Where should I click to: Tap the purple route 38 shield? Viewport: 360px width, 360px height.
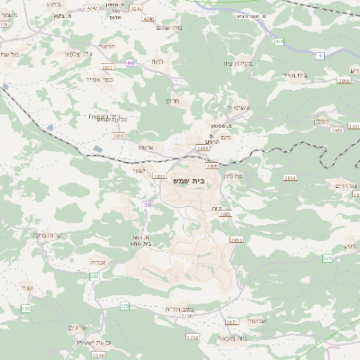coord(147,205)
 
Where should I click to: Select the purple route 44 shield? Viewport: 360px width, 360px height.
coord(130,62)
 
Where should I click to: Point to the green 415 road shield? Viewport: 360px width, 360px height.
coord(279,41)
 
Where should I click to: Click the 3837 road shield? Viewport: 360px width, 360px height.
coord(107,67)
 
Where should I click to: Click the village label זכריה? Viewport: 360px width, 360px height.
coord(101,264)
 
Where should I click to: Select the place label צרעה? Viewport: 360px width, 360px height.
coord(146,147)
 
